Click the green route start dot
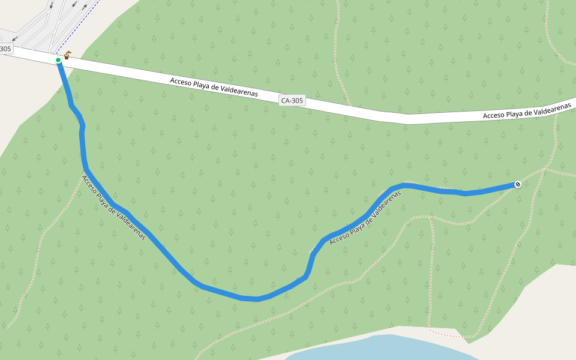coord(58,60)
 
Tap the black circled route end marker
coord(517,184)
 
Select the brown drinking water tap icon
coord(67,56)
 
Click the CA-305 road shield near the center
coord(292,101)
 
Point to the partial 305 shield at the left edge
coord(5,49)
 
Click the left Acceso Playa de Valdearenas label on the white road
coord(214,88)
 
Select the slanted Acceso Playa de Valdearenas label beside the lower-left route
coord(113,207)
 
